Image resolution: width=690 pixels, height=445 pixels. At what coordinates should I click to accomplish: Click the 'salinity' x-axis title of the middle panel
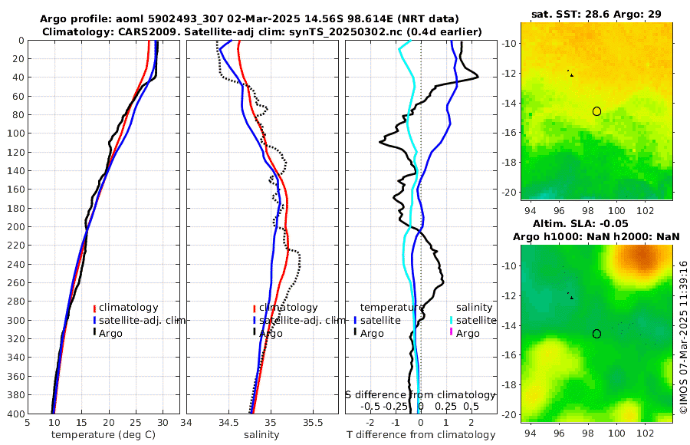click(261, 435)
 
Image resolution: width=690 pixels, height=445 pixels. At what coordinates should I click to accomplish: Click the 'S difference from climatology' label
click(421, 394)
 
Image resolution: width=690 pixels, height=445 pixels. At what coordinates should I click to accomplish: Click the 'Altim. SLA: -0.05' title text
click(596, 222)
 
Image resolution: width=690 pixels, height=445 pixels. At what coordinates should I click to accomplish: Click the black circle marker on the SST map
click(596, 111)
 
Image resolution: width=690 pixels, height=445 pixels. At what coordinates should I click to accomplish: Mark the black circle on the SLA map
click(596, 334)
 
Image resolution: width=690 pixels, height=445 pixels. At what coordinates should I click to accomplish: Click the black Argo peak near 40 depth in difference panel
click(478, 76)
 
